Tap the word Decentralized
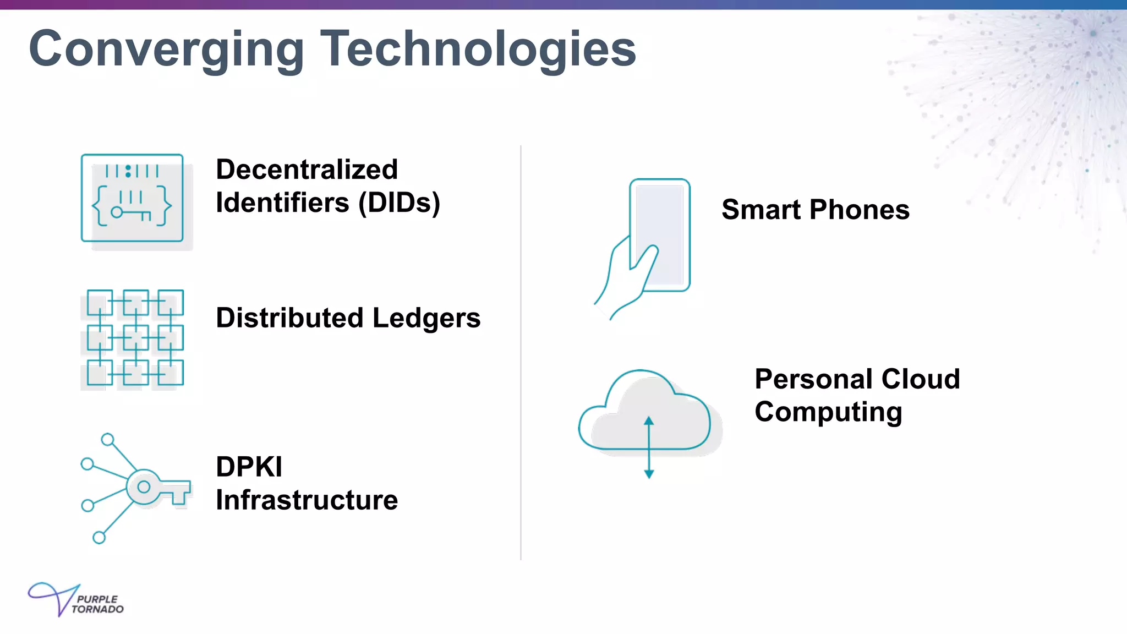pyautogui.click(x=307, y=170)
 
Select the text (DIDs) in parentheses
pyautogui.click(x=400, y=203)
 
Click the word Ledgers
pyautogui.click(x=426, y=318)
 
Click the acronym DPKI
pyautogui.click(x=249, y=467)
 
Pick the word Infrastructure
pyautogui.click(x=307, y=500)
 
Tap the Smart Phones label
pyautogui.click(x=815, y=210)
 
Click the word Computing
pyautogui.click(x=828, y=412)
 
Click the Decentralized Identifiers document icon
pyautogui.click(x=132, y=198)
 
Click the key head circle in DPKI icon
pyautogui.click(x=144, y=487)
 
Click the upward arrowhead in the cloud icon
pyautogui.click(x=649, y=421)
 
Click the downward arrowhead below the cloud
pyautogui.click(x=649, y=474)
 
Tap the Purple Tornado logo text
pyautogui.click(x=97, y=604)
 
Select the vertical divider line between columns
pyautogui.click(x=521, y=352)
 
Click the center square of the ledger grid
pyautogui.click(x=135, y=338)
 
